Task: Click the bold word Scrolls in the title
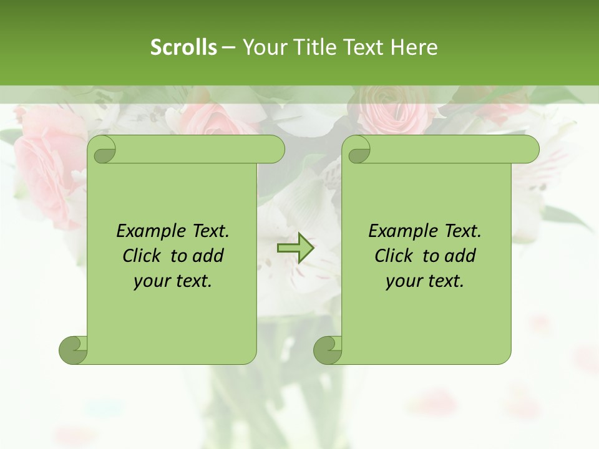[x=183, y=47]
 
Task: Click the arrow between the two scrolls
[x=296, y=248]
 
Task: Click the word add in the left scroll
[x=208, y=256]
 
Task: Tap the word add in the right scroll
[x=460, y=256]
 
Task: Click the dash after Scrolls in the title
[x=229, y=47]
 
